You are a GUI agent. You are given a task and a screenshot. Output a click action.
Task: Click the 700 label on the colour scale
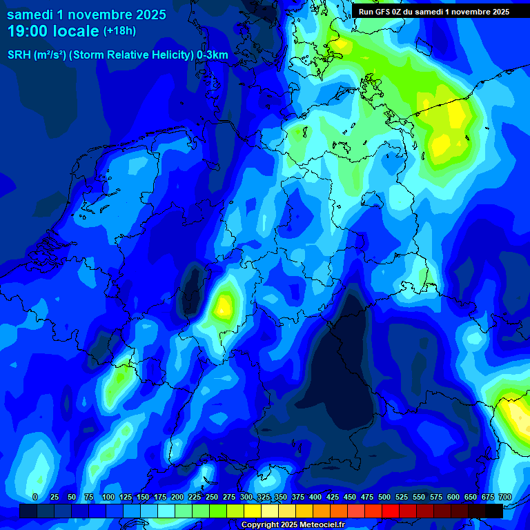coord(504,497)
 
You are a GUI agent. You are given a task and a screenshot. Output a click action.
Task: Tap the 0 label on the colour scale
coord(35,497)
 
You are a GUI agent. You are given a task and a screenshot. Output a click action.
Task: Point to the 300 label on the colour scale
coord(246,497)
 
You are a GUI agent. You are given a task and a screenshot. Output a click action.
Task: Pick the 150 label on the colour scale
coord(143,497)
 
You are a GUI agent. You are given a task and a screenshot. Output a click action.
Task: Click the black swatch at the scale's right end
coord(494,511)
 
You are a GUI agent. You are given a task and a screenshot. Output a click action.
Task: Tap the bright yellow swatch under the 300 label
coord(253,511)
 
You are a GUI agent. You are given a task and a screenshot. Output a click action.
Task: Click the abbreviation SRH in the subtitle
coord(20,55)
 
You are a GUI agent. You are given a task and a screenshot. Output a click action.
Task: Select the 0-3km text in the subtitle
coord(213,55)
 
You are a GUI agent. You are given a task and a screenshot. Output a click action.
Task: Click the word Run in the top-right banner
coord(366,12)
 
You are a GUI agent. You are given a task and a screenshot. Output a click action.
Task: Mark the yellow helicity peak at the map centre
coord(224,305)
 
